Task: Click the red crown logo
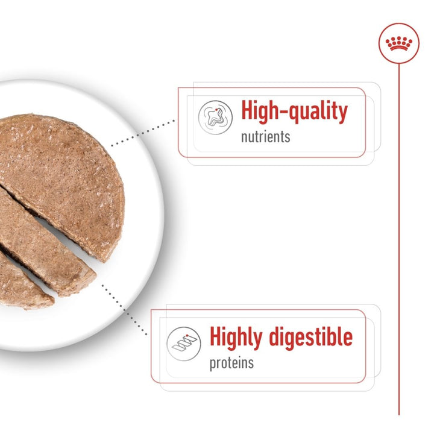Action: tap(398, 43)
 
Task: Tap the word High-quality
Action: tap(294, 112)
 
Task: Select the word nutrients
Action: tap(265, 137)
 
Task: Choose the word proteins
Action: tap(231, 363)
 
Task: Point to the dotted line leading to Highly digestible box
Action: tap(124, 307)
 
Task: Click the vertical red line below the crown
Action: tap(398, 241)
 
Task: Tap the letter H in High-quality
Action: tap(248, 112)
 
